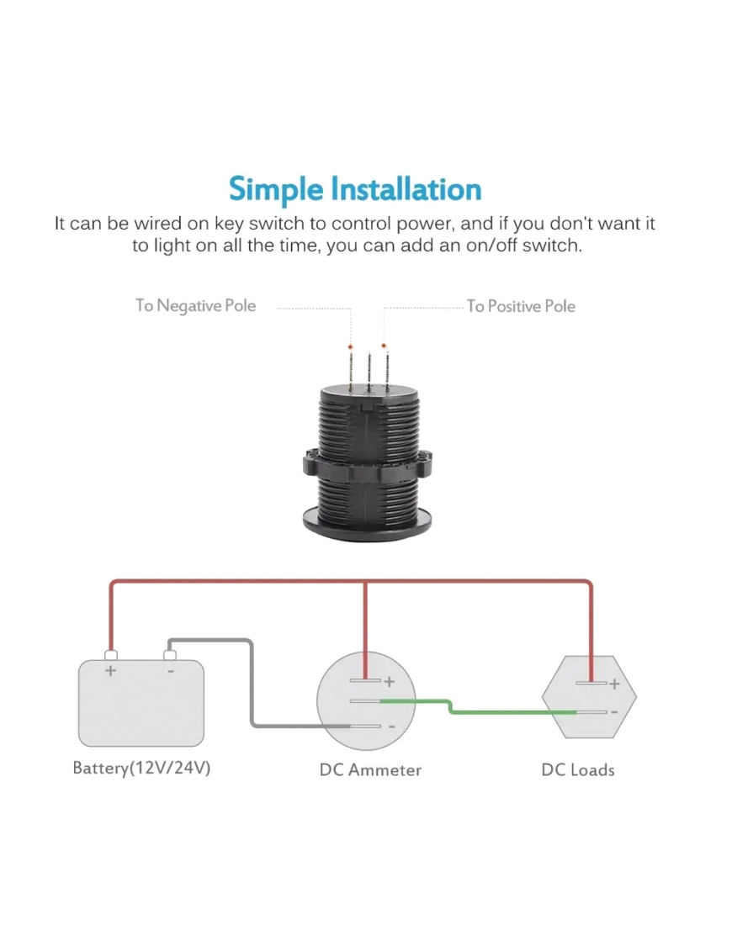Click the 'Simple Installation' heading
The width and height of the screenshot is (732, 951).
tap(355, 189)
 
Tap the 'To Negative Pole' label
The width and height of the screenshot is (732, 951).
tap(195, 305)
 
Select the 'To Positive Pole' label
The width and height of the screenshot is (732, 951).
tap(521, 306)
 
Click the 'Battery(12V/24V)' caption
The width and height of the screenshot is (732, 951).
tap(141, 769)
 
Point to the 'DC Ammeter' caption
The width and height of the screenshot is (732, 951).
tap(370, 769)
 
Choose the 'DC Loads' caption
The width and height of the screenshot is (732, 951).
tap(577, 769)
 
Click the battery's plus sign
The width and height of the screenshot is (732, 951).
tap(110, 671)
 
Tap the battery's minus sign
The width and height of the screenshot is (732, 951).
tap(170, 671)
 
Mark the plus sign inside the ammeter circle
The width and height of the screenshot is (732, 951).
tap(389, 682)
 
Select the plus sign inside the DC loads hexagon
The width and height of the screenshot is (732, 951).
tap(614, 684)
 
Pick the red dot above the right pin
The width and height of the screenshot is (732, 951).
tap(385, 346)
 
